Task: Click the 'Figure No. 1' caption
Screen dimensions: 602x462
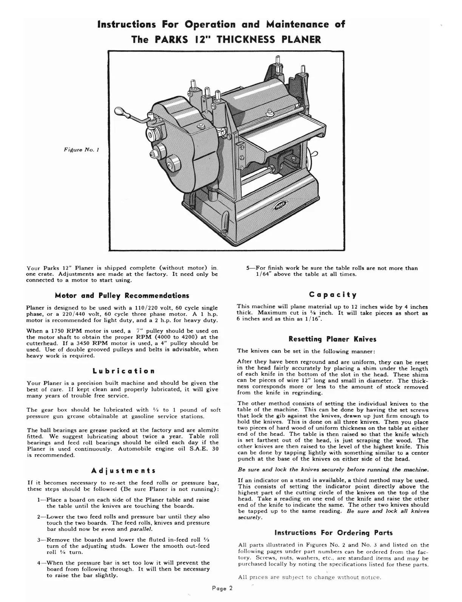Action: pos(81,149)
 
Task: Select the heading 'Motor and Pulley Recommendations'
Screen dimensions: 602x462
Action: pos(122,296)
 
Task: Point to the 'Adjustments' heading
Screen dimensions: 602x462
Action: pos(124,471)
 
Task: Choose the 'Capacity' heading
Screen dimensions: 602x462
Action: pos(332,294)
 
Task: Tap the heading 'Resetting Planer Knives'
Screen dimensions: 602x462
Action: pos(332,339)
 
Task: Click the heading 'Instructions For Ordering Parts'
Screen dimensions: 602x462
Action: pos(333,533)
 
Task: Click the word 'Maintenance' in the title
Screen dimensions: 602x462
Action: pos(298,25)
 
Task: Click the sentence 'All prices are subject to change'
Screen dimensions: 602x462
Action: pos(310,577)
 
